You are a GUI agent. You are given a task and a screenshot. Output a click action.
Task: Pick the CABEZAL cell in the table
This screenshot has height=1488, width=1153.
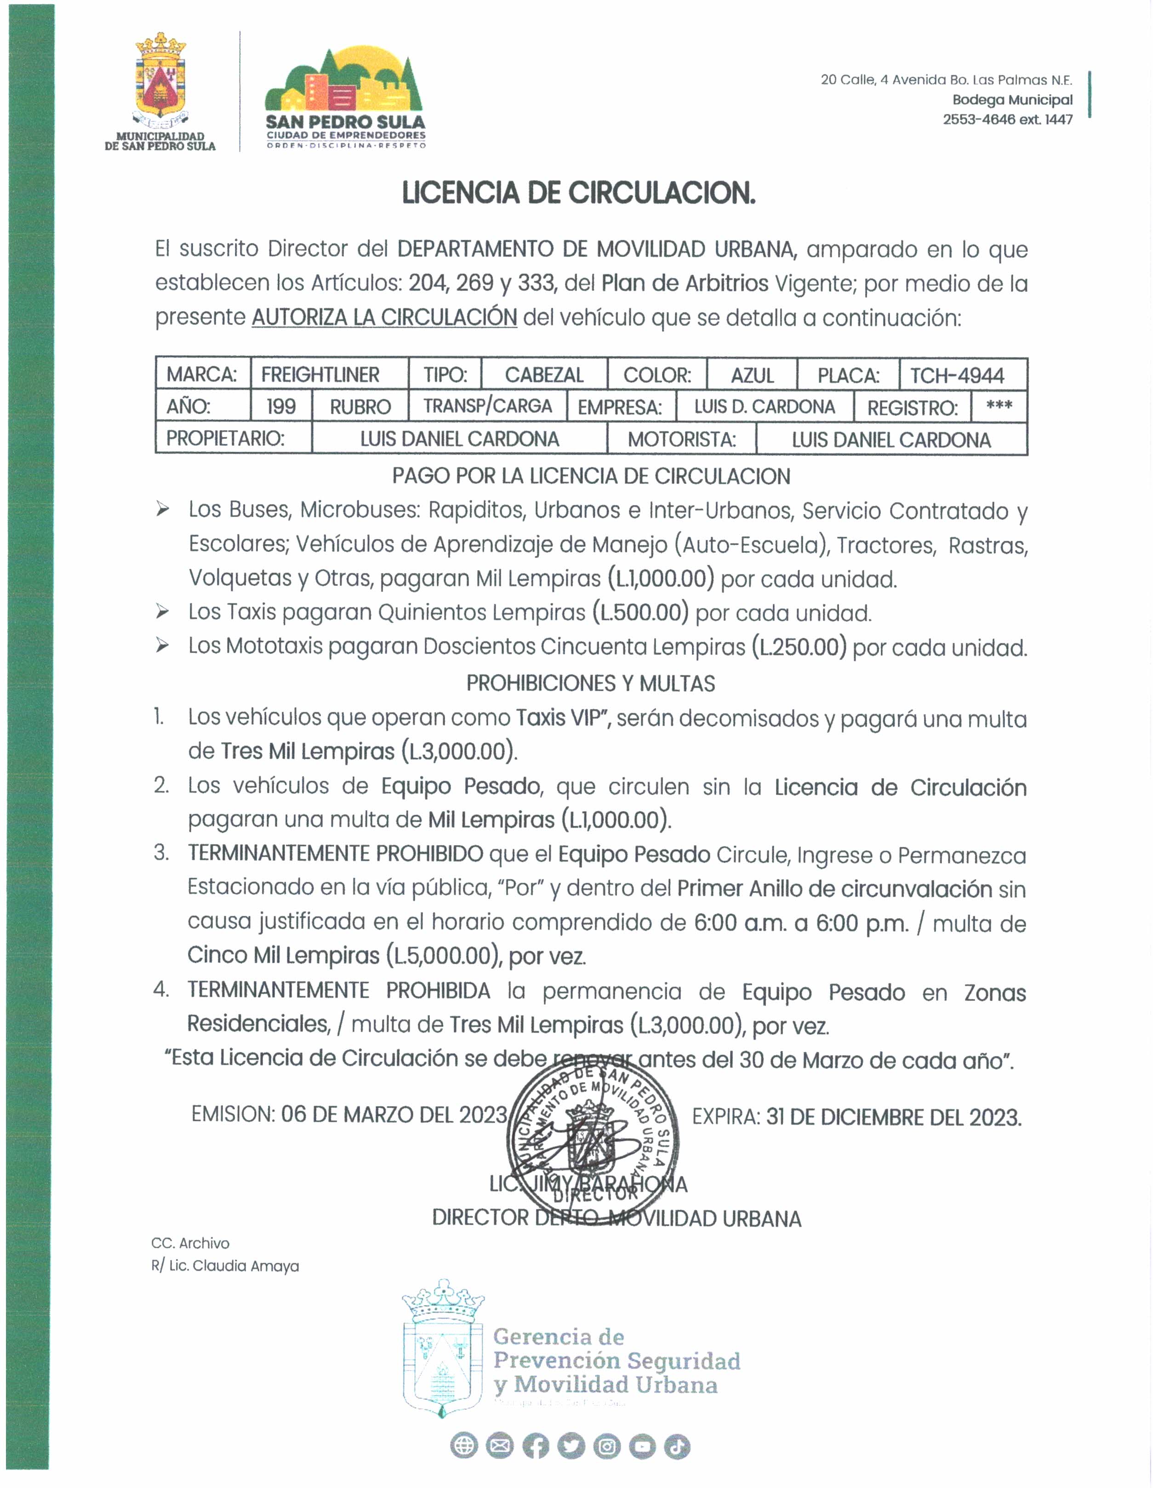click(x=544, y=375)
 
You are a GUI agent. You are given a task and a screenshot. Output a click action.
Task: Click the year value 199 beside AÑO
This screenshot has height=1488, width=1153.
click(x=281, y=407)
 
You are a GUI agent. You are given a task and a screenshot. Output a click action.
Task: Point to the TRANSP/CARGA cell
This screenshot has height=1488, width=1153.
click(x=487, y=406)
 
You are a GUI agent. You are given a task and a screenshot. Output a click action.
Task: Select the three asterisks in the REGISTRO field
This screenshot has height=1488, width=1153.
click(x=999, y=406)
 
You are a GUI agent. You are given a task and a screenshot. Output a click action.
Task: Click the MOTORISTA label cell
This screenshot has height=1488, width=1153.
click(x=681, y=439)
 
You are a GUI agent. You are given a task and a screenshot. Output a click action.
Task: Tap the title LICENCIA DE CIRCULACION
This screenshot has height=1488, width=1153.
click(x=578, y=193)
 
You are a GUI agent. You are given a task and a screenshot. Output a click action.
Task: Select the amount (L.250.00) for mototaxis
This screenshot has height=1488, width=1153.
click(x=799, y=647)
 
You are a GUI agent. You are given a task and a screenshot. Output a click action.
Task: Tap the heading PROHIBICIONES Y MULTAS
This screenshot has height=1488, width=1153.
click(x=590, y=683)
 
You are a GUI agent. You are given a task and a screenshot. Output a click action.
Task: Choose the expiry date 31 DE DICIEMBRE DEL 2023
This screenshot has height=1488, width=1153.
click(x=893, y=1117)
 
